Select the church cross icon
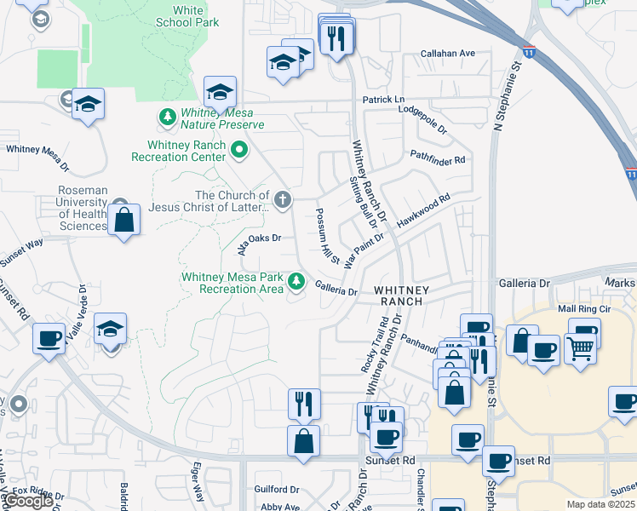pos(283,200)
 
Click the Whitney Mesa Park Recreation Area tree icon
pos(296,280)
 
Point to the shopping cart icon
pos(579,346)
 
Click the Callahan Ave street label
pos(448,53)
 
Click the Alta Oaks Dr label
pos(259,241)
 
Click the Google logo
pos(27,501)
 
